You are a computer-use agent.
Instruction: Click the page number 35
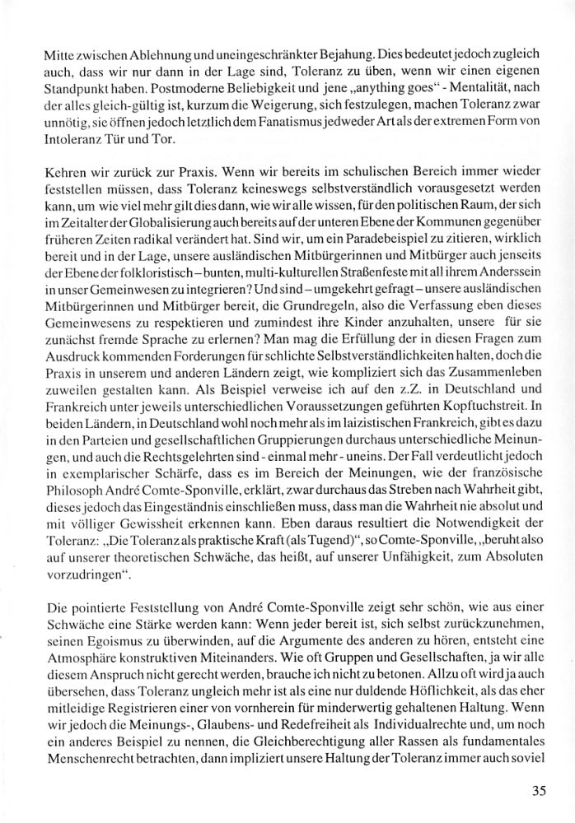(539, 792)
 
